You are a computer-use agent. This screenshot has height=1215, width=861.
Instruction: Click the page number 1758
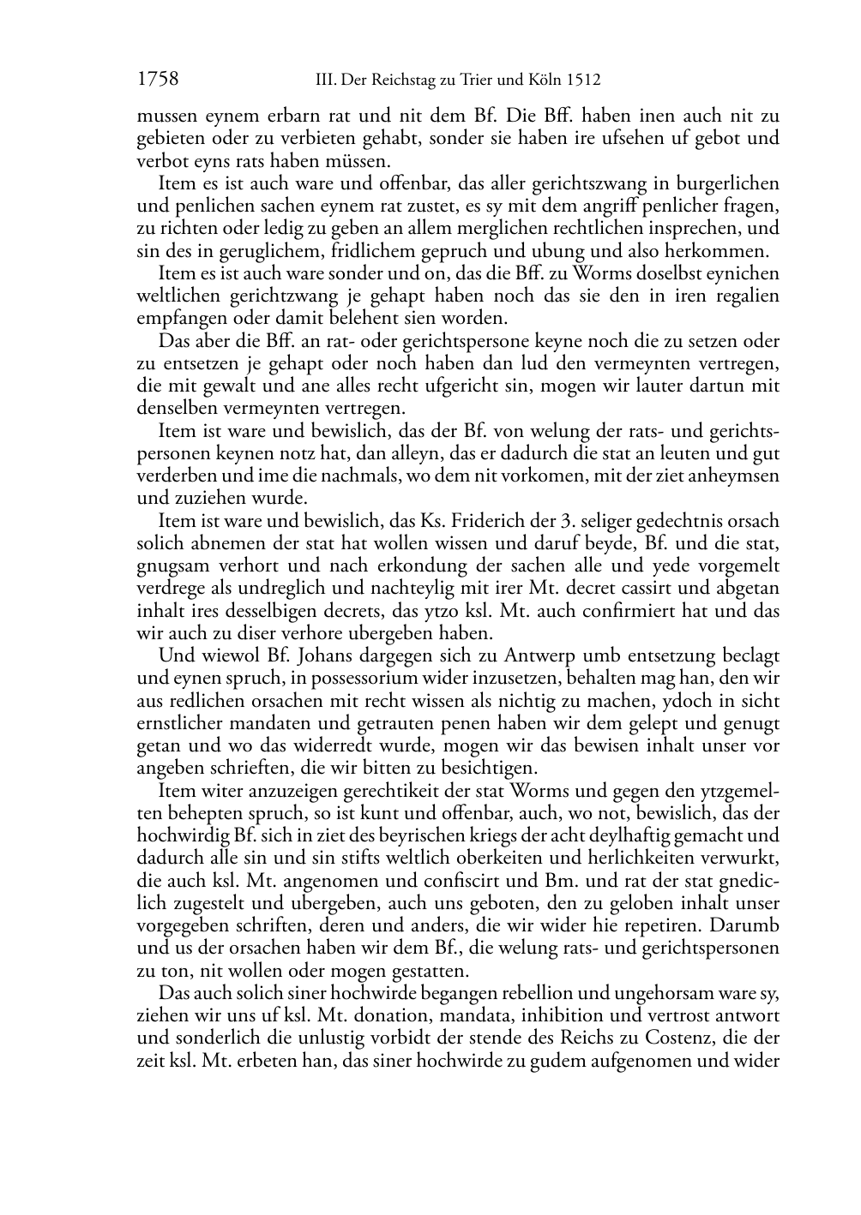[x=158, y=81]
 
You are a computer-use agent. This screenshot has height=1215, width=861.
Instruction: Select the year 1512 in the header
[x=582, y=81]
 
